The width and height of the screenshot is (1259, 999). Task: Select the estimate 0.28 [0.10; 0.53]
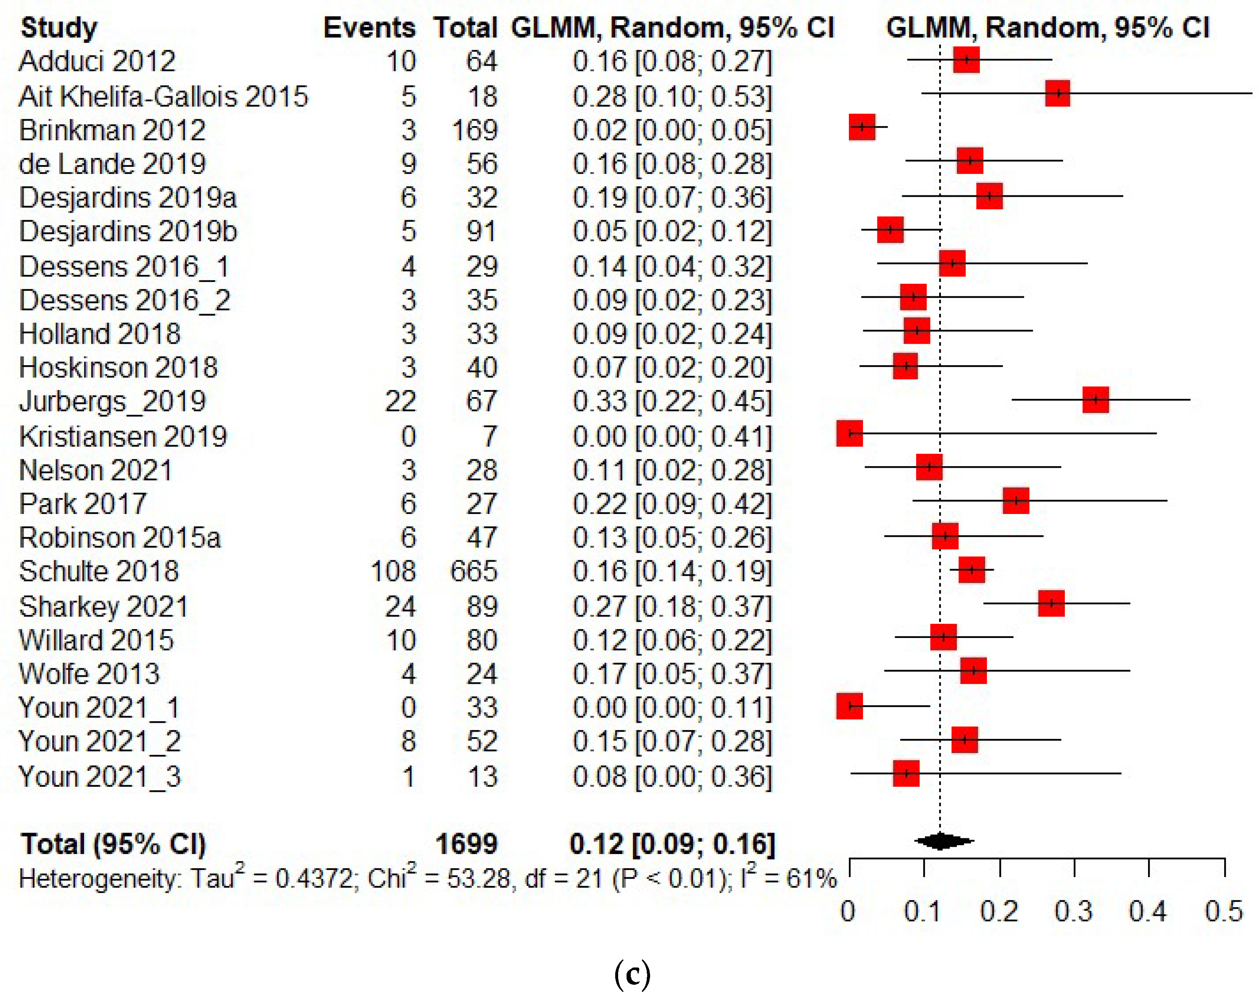coord(672,96)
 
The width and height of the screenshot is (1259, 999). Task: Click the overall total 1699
coord(466,843)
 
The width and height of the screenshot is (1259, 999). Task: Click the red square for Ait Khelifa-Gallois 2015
coord(1057,93)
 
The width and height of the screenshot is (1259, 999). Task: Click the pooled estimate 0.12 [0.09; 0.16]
coord(672,843)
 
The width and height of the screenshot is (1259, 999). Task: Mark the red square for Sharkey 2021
coord(1051,603)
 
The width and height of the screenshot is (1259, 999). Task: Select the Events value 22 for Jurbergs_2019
coord(400,401)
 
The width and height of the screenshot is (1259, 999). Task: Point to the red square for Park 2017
coord(1016,501)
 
